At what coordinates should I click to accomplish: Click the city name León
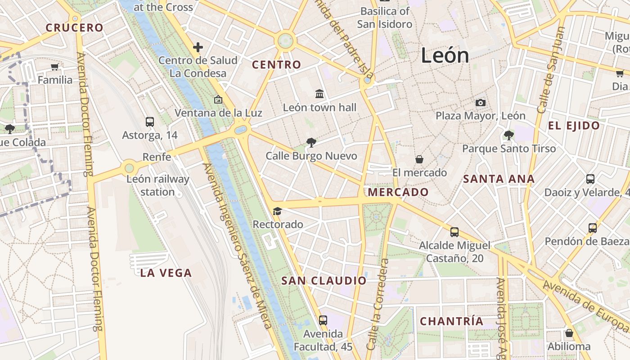445,55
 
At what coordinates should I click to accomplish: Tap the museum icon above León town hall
319,94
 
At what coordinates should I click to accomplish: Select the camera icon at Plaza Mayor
481,103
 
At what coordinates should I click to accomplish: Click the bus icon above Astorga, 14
150,121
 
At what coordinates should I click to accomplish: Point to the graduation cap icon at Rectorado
277,211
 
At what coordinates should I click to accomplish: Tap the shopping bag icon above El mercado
419,159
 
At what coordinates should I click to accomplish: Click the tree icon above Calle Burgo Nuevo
311,143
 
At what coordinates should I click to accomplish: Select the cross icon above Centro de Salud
198,47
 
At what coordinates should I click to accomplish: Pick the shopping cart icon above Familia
55,67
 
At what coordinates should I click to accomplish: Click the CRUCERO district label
75,27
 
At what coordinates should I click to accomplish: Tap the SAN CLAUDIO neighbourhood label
324,281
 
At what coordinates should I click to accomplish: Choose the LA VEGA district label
166,273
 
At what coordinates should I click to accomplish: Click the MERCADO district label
398,192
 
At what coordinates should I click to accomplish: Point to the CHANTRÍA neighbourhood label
451,321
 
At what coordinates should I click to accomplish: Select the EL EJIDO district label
574,126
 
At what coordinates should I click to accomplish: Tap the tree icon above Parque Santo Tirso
509,135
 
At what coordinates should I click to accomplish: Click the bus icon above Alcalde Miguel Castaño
454,232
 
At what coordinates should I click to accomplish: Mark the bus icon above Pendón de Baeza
593,228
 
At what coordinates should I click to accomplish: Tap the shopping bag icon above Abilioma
569,333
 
